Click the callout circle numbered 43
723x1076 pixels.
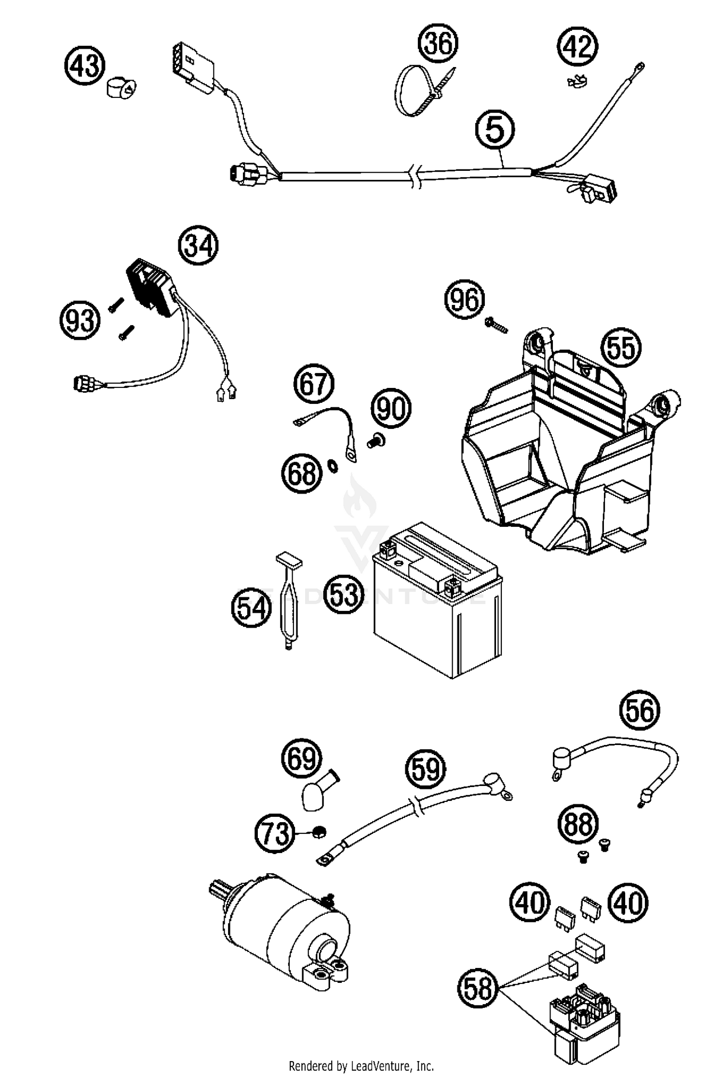85,66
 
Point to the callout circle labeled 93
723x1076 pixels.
80,321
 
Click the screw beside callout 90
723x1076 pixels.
375,440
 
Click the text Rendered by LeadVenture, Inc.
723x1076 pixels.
361,1065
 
